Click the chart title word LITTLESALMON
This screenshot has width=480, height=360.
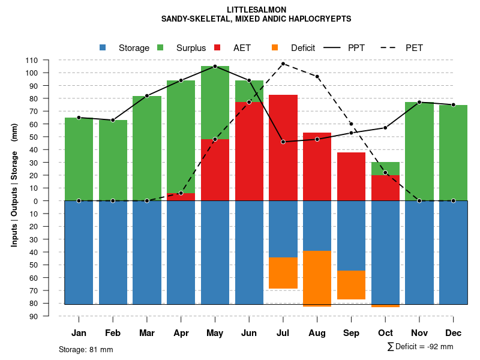(257, 10)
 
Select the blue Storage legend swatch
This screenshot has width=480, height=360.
(103, 47)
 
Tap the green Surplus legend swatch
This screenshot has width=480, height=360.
(160, 47)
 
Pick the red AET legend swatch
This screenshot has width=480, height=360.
(218, 47)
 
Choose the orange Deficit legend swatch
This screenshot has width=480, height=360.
(275, 47)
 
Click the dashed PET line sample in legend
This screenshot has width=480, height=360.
(391, 47)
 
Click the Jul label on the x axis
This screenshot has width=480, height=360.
(283, 333)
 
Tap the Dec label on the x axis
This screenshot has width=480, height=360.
(454, 333)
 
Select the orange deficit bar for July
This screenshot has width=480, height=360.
(283, 273)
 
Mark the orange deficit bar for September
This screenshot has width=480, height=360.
(351, 285)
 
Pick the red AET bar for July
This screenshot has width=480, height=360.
(283, 148)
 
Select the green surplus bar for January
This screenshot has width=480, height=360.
(79, 159)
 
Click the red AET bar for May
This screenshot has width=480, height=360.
(215, 170)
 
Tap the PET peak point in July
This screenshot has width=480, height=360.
(283, 64)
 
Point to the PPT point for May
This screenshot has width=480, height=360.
(215, 66)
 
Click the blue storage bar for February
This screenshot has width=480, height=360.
(113, 252)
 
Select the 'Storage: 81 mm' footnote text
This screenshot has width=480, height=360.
(86, 349)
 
